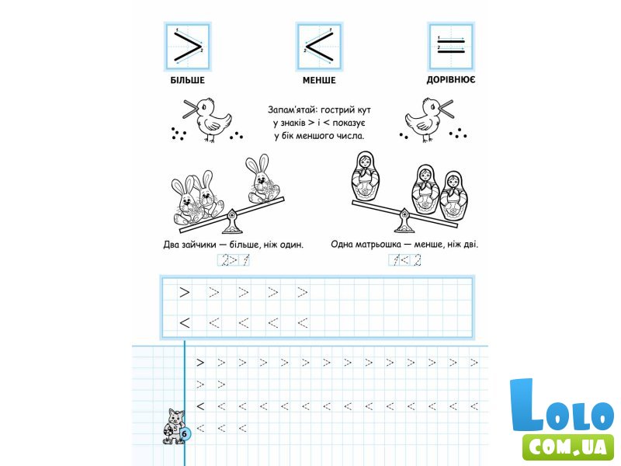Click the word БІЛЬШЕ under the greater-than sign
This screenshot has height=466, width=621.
pos(187,80)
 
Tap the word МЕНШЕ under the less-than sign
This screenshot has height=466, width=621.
pos(319,80)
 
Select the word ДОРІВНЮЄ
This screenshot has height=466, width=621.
pos(451,80)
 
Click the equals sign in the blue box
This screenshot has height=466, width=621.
pos(451,45)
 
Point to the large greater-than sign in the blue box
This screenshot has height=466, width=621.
pos(187,47)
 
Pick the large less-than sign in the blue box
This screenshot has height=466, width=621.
pos(319,47)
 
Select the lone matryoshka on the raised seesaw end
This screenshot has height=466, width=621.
pos(366,176)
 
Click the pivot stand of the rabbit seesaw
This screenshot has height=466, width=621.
pos(231,222)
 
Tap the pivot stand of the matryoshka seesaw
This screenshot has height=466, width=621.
pos(404,221)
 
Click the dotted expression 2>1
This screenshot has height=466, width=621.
pos(234,260)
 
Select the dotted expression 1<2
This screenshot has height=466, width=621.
pos(404,260)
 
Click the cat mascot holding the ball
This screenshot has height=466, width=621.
pos(173,426)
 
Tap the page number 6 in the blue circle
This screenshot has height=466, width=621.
pos(184,434)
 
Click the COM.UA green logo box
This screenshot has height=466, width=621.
pos(568,447)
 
